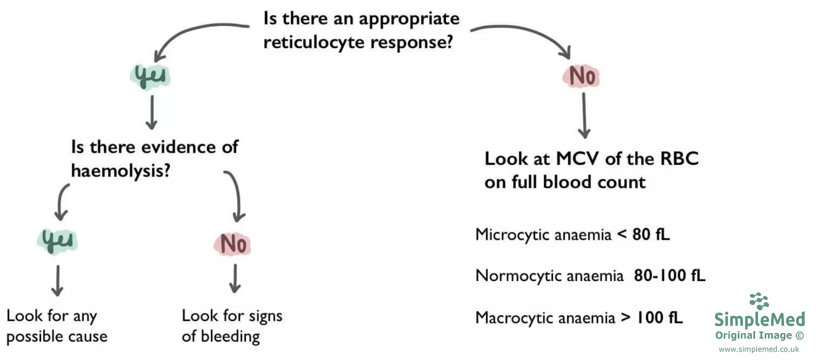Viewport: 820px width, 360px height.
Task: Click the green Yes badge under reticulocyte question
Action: tap(150, 77)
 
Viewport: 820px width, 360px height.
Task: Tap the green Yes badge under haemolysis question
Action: tap(57, 241)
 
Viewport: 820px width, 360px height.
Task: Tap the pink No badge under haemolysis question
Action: tap(232, 244)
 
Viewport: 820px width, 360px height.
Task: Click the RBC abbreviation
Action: tap(679, 159)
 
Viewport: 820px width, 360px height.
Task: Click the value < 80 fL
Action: tap(644, 235)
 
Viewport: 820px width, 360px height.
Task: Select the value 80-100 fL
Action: tap(669, 276)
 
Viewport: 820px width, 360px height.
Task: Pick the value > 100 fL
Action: tap(652, 318)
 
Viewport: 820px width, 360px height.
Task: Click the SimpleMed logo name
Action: tap(759, 319)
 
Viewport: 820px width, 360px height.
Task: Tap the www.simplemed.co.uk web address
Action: tap(759, 349)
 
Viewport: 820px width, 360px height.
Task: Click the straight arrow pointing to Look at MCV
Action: tap(584, 116)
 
